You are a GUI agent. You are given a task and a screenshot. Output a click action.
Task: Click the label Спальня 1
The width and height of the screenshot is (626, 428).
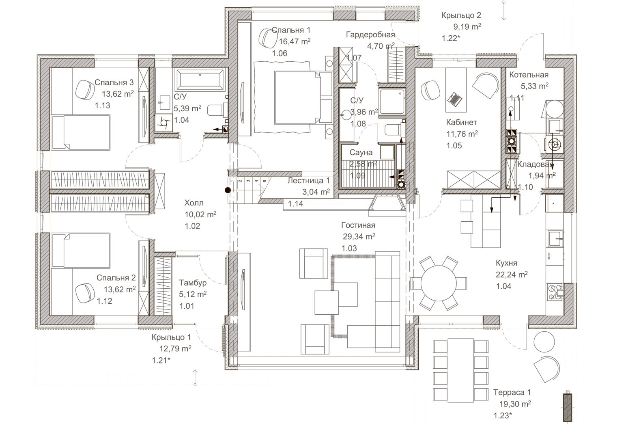coord(291,30)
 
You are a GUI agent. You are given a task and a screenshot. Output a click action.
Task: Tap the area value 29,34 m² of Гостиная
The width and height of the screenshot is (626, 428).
coord(358,237)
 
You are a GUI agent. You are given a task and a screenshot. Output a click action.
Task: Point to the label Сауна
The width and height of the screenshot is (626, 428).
coord(361,153)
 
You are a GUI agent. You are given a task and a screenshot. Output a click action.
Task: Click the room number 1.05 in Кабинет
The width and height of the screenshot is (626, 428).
coord(454,146)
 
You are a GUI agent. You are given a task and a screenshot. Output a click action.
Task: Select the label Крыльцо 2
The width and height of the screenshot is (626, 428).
coord(461,15)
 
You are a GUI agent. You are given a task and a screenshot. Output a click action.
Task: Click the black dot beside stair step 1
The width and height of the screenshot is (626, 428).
coord(228,189)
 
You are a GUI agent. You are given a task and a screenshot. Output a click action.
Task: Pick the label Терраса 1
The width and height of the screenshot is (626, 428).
coord(512,392)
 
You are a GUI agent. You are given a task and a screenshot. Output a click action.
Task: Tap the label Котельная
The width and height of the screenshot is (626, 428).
coord(529,75)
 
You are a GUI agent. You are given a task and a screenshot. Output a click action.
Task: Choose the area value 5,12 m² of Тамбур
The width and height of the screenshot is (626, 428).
coord(193,294)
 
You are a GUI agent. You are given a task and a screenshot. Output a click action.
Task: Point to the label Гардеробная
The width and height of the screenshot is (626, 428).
coord(370,35)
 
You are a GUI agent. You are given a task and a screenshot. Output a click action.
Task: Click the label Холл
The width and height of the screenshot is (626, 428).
coord(194,203)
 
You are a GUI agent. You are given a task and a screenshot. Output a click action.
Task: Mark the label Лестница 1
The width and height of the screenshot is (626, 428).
coord(308,180)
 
